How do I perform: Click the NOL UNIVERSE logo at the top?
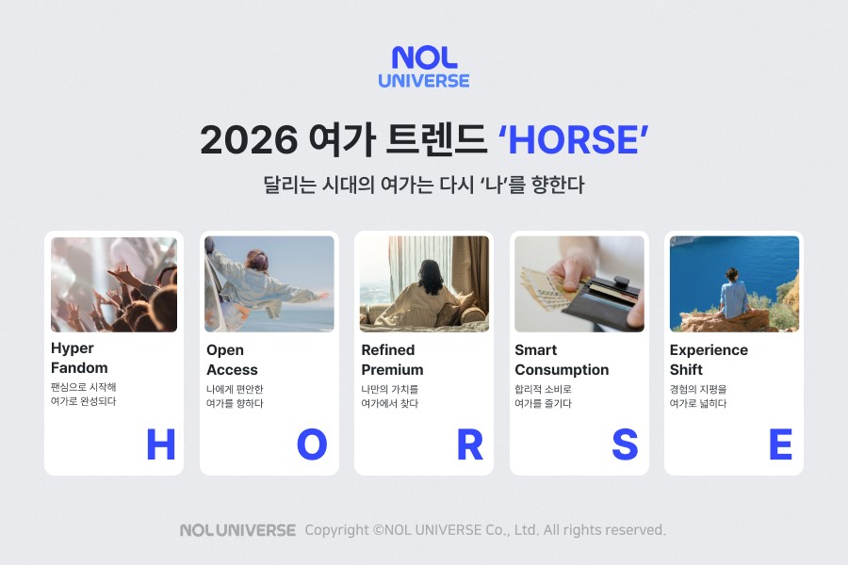coord(423,67)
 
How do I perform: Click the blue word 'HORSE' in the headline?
coord(573,140)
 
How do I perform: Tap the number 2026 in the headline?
coord(248,140)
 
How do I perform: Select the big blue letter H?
coord(161,444)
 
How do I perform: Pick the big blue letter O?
coord(312,444)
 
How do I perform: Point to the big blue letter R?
coord(469,444)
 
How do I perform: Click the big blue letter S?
coord(625,444)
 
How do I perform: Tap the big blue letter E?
coord(780,444)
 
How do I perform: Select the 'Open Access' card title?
coord(232,360)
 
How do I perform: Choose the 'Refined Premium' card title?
coord(392,360)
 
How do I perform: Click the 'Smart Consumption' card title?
coord(562,360)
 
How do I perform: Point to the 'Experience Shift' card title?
coord(709,360)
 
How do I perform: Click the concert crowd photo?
coord(114,283)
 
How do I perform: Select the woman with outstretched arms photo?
coord(269,283)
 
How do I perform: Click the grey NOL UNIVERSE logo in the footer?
coord(237,530)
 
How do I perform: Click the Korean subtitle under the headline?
coord(423,185)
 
